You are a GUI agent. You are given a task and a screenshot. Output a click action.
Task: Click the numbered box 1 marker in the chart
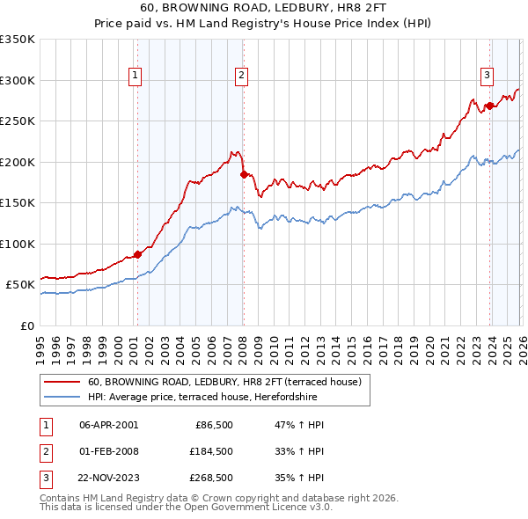(136, 77)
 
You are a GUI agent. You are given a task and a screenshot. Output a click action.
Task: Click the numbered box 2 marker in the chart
(241, 77)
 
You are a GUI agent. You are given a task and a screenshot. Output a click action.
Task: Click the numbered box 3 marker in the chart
(487, 77)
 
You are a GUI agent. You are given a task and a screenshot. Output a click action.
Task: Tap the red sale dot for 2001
(137, 255)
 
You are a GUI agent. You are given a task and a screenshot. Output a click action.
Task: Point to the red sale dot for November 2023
(488, 106)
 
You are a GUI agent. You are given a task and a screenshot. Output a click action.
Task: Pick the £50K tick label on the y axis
(20, 285)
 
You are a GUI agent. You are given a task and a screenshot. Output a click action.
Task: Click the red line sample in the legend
(62, 383)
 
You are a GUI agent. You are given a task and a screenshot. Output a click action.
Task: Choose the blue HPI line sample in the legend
(62, 397)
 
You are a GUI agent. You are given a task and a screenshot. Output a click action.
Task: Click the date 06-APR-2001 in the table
(108, 424)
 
